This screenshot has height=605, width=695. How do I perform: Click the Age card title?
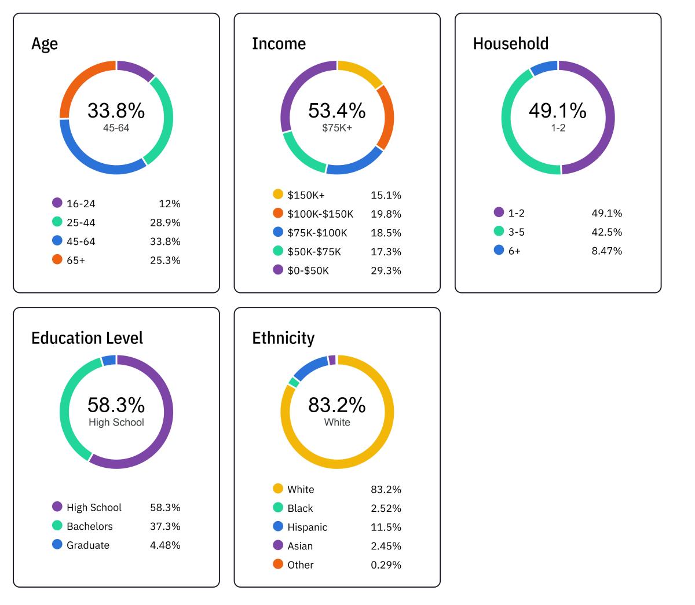(45, 44)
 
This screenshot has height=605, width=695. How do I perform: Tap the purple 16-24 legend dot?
(57, 203)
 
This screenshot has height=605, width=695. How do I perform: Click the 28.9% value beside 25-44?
(165, 222)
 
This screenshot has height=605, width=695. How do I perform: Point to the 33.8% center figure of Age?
(116, 111)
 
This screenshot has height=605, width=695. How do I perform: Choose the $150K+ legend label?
(306, 195)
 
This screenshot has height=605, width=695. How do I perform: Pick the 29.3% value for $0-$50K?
(386, 270)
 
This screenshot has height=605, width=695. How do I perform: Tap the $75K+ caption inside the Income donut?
(337, 128)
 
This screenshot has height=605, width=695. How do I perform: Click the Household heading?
(510, 44)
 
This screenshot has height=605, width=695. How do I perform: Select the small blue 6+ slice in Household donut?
(544, 67)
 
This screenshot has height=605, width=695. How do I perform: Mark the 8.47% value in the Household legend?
(606, 251)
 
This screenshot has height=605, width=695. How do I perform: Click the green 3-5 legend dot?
(499, 232)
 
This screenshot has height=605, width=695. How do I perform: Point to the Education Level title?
(87, 338)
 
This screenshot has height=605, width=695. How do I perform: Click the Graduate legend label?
(88, 545)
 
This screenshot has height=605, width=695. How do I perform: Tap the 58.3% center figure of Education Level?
(116, 405)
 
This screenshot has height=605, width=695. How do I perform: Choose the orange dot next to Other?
(278, 564)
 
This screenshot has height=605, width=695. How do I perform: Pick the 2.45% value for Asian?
(386, 546)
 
